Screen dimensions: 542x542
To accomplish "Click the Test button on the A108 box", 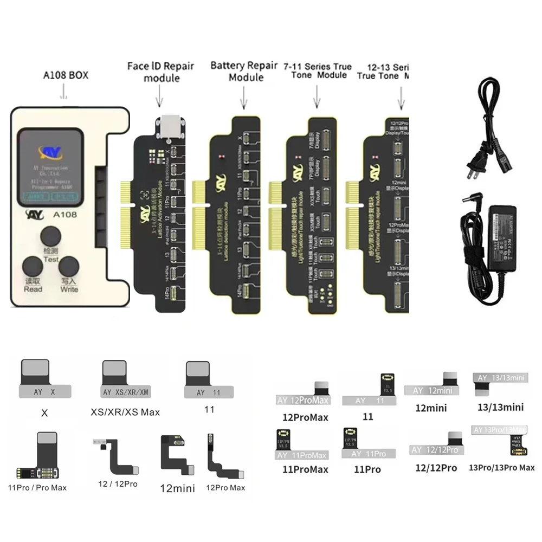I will (51, 238).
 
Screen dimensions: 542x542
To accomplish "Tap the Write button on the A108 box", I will (69, 268).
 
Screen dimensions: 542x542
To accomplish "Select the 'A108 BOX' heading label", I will (66, 75).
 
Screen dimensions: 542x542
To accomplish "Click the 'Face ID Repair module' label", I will (161, 72).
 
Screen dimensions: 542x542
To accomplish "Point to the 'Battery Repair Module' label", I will (244, 71).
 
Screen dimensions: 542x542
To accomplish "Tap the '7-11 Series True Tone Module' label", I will (317, 70).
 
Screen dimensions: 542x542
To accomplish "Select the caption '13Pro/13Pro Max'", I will (502, 467).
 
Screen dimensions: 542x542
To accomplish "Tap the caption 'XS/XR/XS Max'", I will (125, 412).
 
